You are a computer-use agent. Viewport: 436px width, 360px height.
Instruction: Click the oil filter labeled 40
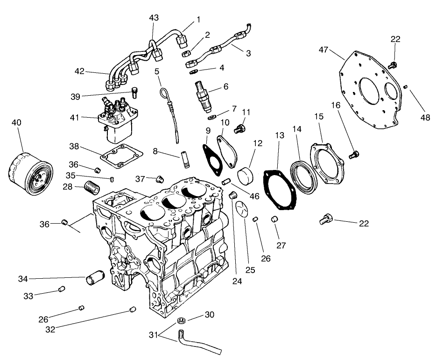click(x=29, y=174)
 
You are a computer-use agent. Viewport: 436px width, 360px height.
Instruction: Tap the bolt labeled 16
click(x=355, y=153)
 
